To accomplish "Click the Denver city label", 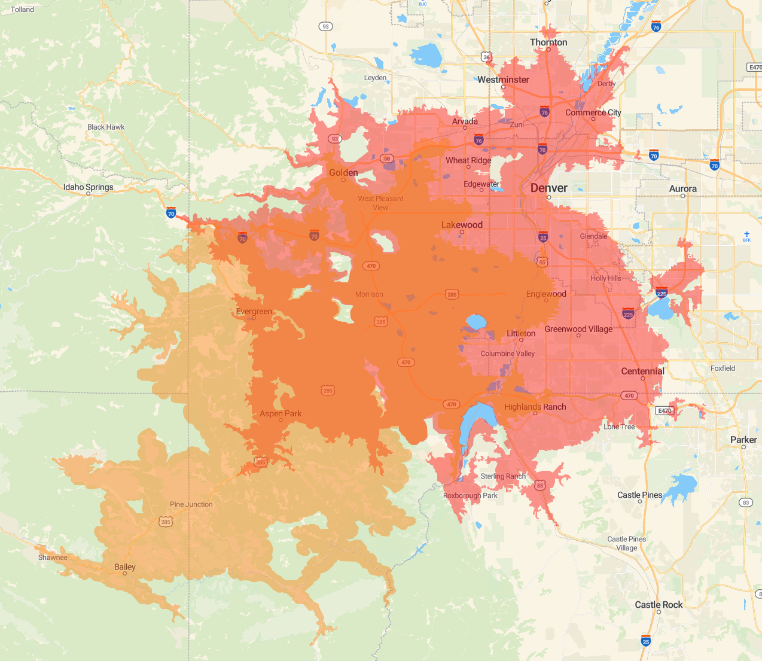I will (548, 188).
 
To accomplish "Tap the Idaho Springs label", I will (88, 187).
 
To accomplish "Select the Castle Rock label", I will (659, 604).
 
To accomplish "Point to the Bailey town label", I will (124, 566).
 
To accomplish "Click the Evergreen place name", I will (254, 311).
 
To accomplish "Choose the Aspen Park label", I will (280, 413).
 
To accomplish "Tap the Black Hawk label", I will (106, 127).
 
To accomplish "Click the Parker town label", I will (743, 440).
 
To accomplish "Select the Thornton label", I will (548, 42).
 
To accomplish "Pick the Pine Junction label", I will (191, 504).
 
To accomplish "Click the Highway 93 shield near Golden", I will (334, 139).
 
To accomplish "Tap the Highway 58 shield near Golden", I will (387, 159).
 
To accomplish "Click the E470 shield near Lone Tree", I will (665, 410).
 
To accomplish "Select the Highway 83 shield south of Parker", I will (746, 502).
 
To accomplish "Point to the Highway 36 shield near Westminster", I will (486, 57).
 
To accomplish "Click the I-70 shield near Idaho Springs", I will (171, 213).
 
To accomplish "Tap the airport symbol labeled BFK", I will (746, 235).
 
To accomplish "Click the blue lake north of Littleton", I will (476, 322).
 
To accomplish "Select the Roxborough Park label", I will (470, 495).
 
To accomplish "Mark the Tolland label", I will (22, 10).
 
